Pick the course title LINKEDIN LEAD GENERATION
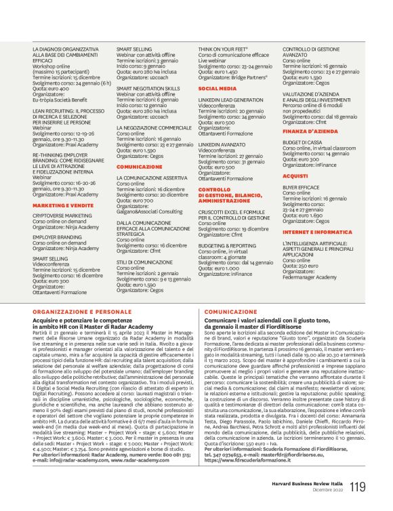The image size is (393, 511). pyautogui.click(x=230, y=100)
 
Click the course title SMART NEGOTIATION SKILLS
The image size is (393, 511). pyautogui.click(x=148, y=88)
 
